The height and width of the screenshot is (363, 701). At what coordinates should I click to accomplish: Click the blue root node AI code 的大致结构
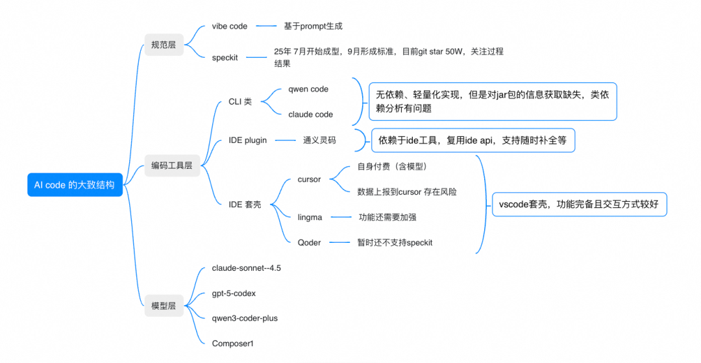(x=75, y=184)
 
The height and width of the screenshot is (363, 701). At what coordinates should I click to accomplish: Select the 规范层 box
(x=164, y=45)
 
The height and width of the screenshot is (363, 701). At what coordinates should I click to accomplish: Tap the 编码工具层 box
(x=172, y=166)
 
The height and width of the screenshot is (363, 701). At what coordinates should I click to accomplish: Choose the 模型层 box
(x=164, y=306)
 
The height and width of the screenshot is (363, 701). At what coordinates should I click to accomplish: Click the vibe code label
(x=229, y=27)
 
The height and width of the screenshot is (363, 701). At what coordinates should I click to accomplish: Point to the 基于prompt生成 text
(x=313, y=27)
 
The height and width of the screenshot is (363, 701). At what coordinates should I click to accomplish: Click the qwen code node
(x=308, y=90)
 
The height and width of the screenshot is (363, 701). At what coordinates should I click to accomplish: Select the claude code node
(x=311, y=114)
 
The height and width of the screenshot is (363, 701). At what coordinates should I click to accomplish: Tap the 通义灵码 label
(x=319, y=140)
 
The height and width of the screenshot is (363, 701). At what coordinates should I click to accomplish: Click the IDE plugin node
(x=248, y=140)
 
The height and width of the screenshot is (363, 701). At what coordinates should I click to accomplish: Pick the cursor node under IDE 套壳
(x=310, y=179)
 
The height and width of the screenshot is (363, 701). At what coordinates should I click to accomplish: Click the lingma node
(x=310, y=218)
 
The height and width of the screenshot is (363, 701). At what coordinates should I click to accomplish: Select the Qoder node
(x=310, y=243)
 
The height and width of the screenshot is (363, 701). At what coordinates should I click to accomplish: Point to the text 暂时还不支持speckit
(x=395, y=243)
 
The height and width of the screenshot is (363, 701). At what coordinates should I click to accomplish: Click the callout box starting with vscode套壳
(x=580, y=205)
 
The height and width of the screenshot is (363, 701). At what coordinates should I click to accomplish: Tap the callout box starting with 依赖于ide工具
(x=473, y=140)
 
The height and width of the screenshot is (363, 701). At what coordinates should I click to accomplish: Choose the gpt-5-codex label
(x=234, y=294)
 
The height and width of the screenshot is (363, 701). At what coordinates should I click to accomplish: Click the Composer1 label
(x=232, y=344)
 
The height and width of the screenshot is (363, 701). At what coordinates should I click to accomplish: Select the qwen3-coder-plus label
(x=245, y=318)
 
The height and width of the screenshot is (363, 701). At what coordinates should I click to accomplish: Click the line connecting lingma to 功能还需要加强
(x=341, y=218)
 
